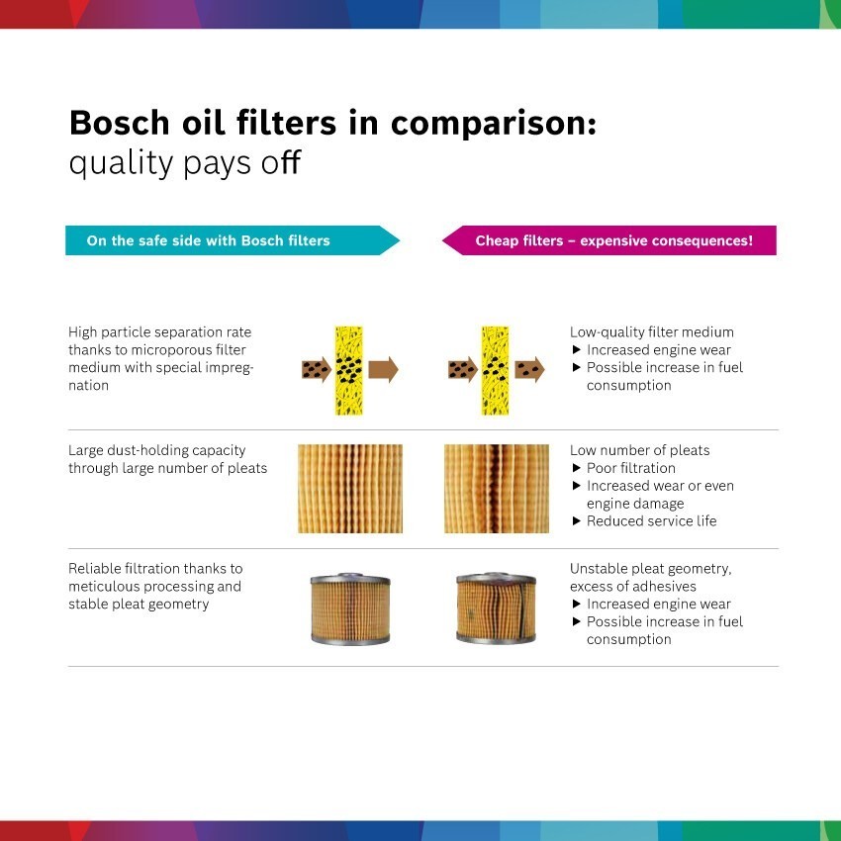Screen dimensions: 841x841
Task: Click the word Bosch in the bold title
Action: click(120, 123)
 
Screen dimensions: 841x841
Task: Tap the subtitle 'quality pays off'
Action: click(185, 163)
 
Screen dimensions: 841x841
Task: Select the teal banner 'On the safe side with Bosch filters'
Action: click(233, 240)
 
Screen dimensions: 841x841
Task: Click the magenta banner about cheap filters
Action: click(608, 240)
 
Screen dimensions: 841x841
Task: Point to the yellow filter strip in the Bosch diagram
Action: click(348, 370)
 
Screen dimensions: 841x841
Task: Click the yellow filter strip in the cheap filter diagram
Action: click(495, 370)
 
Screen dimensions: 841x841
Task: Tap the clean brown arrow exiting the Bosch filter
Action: click(384, 370)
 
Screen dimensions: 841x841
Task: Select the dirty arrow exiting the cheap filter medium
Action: click(530, 370)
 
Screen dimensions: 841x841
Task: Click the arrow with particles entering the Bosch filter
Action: click(317, 370)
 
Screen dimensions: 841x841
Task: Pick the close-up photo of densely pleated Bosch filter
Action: click(350, 489)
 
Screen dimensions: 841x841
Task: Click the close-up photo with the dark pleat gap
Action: click(496, 489)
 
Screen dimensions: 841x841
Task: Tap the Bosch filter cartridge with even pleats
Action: click(350, 608)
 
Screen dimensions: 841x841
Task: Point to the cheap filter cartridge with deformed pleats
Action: click(496, 608)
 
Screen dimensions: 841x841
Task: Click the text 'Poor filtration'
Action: click(631, 468)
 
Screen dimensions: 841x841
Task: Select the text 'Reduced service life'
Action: click(652, 520)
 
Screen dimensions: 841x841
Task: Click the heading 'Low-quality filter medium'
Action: click(652, 332)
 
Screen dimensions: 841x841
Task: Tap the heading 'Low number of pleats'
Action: click(639, 450)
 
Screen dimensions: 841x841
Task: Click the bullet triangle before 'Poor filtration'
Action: click(577, 468)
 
